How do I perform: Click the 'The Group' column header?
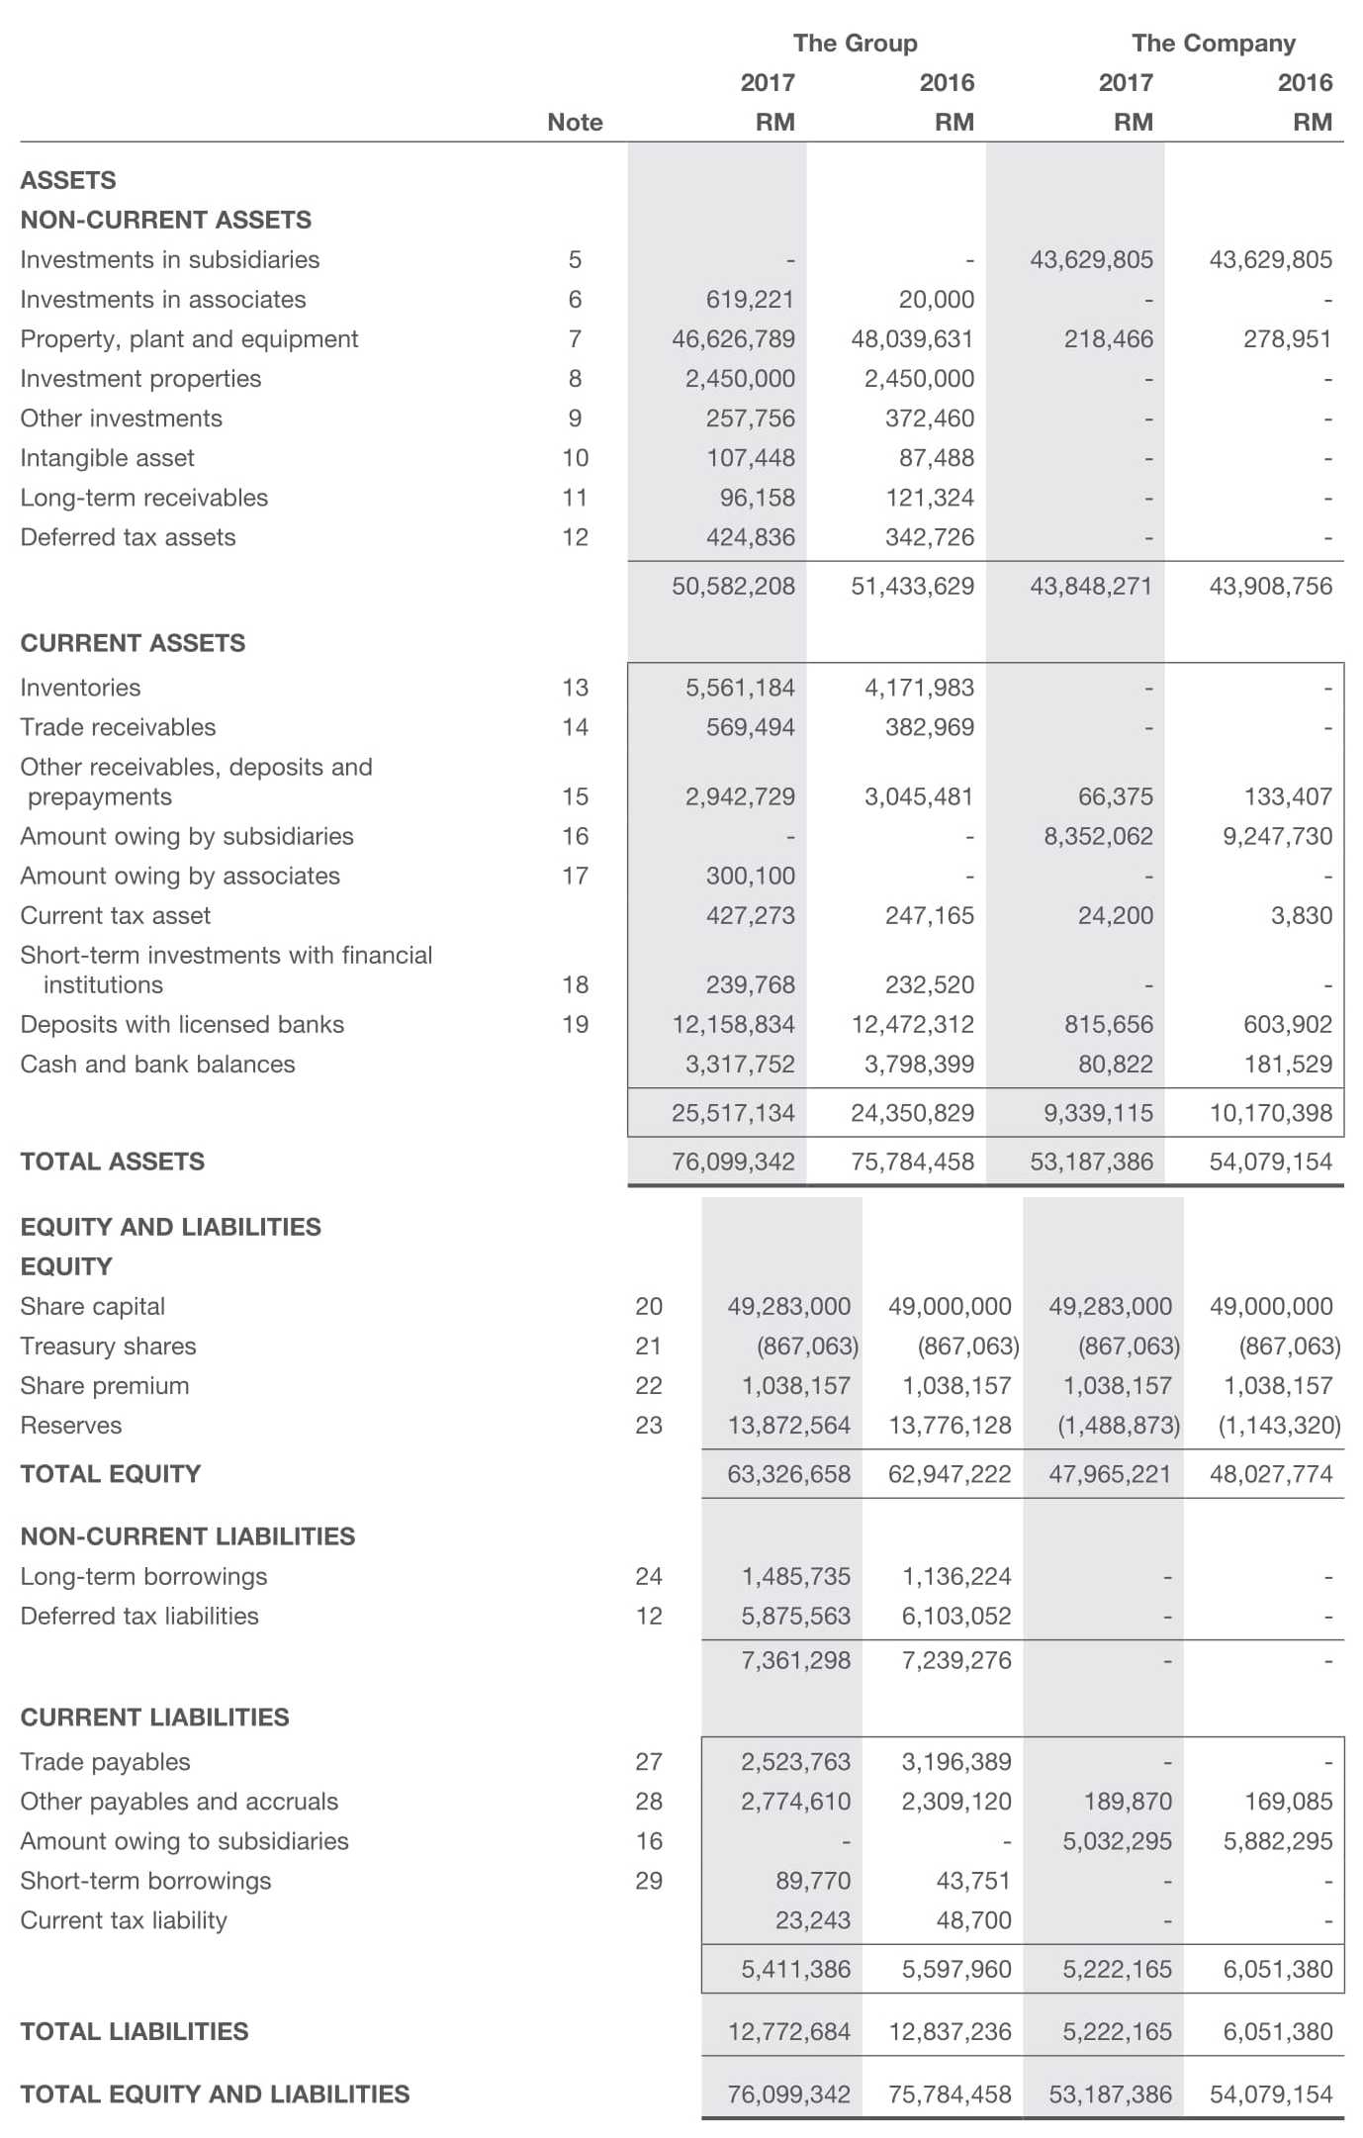855,43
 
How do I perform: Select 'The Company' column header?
1213,43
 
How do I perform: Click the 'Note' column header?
575,122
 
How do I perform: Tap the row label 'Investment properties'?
140,378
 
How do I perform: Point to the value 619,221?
750,299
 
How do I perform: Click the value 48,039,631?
912,338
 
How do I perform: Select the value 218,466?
1108,338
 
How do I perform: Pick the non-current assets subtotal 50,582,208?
733,586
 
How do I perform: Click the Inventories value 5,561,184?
740,687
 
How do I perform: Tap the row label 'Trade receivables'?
118,726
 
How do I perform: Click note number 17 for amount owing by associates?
575,876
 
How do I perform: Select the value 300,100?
750,876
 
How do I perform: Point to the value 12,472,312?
912,1024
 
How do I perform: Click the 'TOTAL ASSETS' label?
112,1161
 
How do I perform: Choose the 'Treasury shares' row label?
108,1346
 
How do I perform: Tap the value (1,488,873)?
1119,1425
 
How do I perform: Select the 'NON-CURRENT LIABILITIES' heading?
187,1535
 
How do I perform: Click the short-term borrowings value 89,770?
812,1880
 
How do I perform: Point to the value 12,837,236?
950,2031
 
